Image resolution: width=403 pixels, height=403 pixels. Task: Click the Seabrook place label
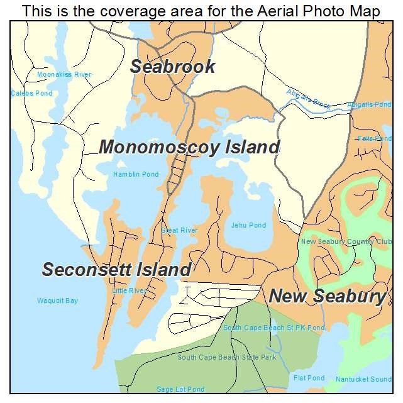pos(173,67)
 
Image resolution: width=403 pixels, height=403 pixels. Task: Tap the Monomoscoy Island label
pos(189,148)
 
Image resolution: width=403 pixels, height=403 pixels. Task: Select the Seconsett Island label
pos(116,270)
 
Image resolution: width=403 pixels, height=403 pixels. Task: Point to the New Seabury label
pos(327,296)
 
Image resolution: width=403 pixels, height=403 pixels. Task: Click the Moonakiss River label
pos(64,74)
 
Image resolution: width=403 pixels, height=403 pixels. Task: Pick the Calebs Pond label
pos(31,94)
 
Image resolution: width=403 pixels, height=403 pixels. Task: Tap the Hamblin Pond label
pos(136,174)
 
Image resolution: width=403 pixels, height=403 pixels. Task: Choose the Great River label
pos(179,231)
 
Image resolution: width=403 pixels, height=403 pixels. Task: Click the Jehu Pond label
pos(248,225)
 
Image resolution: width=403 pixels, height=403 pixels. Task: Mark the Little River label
pos(129,290)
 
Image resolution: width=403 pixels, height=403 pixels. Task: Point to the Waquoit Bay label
pos(57,301)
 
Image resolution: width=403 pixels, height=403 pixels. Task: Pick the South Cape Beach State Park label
pos(227,357)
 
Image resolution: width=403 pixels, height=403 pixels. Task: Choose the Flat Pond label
pos(309,378)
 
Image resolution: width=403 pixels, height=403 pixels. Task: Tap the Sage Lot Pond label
pos(181,390)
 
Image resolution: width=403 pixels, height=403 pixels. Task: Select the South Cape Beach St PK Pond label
pos(274,328)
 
